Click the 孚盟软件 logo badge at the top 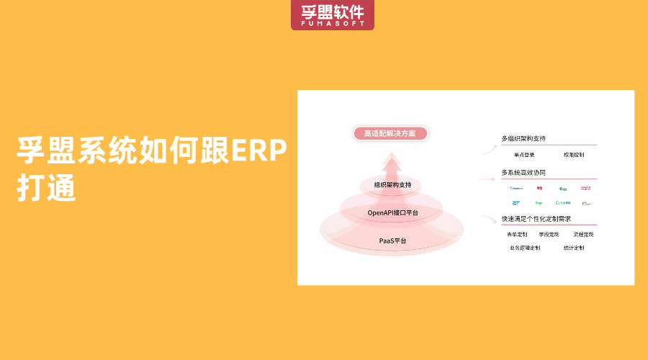(x=333, y=14)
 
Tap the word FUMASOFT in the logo (x=333, y=24)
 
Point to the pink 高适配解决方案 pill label (x=390, y=133)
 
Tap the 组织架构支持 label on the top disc (x=392, y=185)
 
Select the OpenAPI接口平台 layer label (x=392, y=212)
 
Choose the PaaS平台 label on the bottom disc (x=392, y=240)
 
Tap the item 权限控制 (x=574, y=155)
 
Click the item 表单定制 (x=517, y=234)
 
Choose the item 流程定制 (x=583, y=234)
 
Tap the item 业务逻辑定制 (x=524, y=248)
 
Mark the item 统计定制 (x=574, y=248)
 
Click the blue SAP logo (x=516, y=203)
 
